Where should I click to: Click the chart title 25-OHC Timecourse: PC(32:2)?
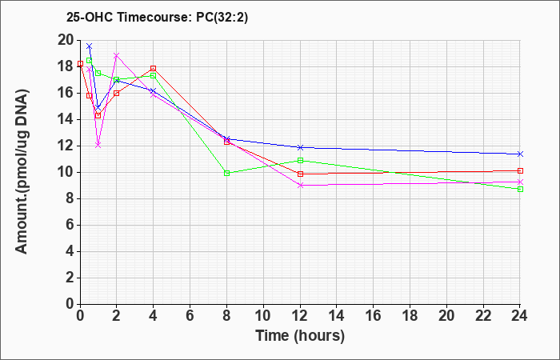pos(157,18)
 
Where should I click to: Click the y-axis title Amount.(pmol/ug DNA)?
pos(22,172)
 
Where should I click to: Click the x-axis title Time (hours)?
pos(300,336)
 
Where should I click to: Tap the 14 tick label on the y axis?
pos(66,120)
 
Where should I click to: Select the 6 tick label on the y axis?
pos(70,226)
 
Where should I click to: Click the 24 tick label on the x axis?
pos(520,316)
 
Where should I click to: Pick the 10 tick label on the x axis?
pos(263,316)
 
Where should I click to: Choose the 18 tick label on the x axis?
pos(410,316)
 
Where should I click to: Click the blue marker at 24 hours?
pos(520,154)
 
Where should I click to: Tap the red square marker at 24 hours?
pos(520,170)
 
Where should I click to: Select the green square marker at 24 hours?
pos(520,189)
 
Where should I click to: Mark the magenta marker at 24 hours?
pos(520,182)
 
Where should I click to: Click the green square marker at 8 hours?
pos(226,174)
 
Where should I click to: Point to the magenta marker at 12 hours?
pos(300,185)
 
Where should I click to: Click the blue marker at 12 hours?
pos(300,147)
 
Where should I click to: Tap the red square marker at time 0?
pos(80,63)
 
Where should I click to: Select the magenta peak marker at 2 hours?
pos(117,55)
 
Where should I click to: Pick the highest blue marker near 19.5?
pos(90,46)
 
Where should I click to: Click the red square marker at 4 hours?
pos(154,68)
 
